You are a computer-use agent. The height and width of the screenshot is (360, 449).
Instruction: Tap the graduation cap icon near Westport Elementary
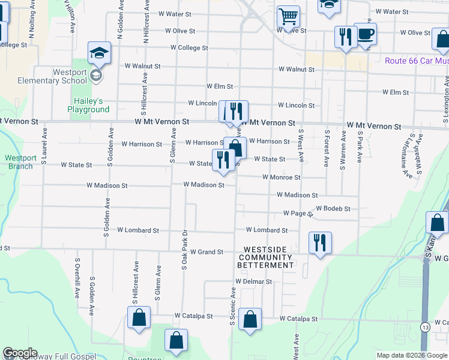[99, 53]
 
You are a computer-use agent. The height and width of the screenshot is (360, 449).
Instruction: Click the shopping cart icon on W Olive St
[289, 17]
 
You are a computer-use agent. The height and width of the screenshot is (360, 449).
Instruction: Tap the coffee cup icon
[365, 34]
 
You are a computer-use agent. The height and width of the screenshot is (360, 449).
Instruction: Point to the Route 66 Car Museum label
[417, 61]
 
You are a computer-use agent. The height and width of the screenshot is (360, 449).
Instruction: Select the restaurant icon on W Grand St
[319, 243]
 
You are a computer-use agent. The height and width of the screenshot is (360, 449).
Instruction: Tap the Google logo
[20, 353]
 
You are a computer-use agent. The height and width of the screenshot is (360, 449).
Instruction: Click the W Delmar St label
[253, 281]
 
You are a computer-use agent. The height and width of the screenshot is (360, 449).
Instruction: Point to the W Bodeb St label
[333, 208]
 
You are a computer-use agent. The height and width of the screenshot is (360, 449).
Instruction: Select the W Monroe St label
[281, 178]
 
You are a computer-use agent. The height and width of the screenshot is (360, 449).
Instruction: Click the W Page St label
[298, 214]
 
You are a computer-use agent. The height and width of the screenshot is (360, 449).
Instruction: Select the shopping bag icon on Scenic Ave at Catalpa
[250, 319]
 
